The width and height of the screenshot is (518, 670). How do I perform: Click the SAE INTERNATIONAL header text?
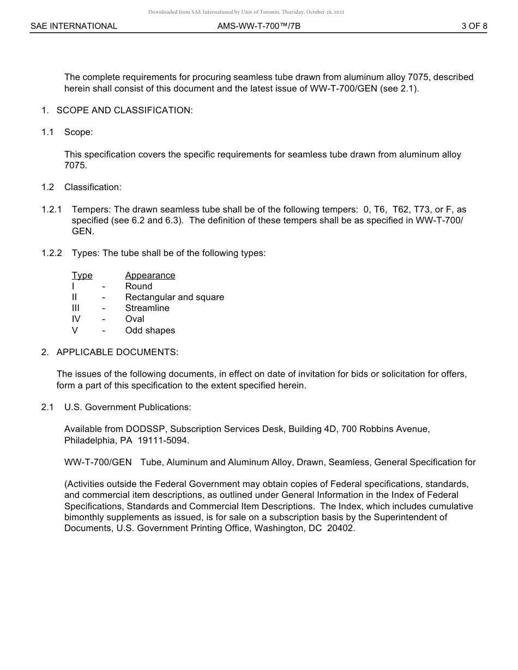point(74,26)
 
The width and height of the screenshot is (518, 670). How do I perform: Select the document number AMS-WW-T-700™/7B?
point(258,26)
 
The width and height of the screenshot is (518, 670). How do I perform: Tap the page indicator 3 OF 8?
point(474,26)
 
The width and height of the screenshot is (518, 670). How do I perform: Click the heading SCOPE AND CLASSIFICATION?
point(124,111)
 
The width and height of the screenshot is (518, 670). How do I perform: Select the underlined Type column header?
point(82,276)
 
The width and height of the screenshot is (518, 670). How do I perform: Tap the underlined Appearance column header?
point(150,276)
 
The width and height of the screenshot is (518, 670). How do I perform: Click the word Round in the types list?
point(138,287)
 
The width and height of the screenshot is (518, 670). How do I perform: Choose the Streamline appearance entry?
point(147,308)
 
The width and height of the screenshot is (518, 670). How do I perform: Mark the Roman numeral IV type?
point(76,319)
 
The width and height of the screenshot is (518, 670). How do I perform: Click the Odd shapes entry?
point(150,331)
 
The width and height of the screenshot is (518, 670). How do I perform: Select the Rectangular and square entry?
point(174,297)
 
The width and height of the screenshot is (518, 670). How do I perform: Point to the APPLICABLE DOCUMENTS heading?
point(117,352)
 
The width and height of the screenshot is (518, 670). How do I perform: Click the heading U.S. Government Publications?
point(128,407)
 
